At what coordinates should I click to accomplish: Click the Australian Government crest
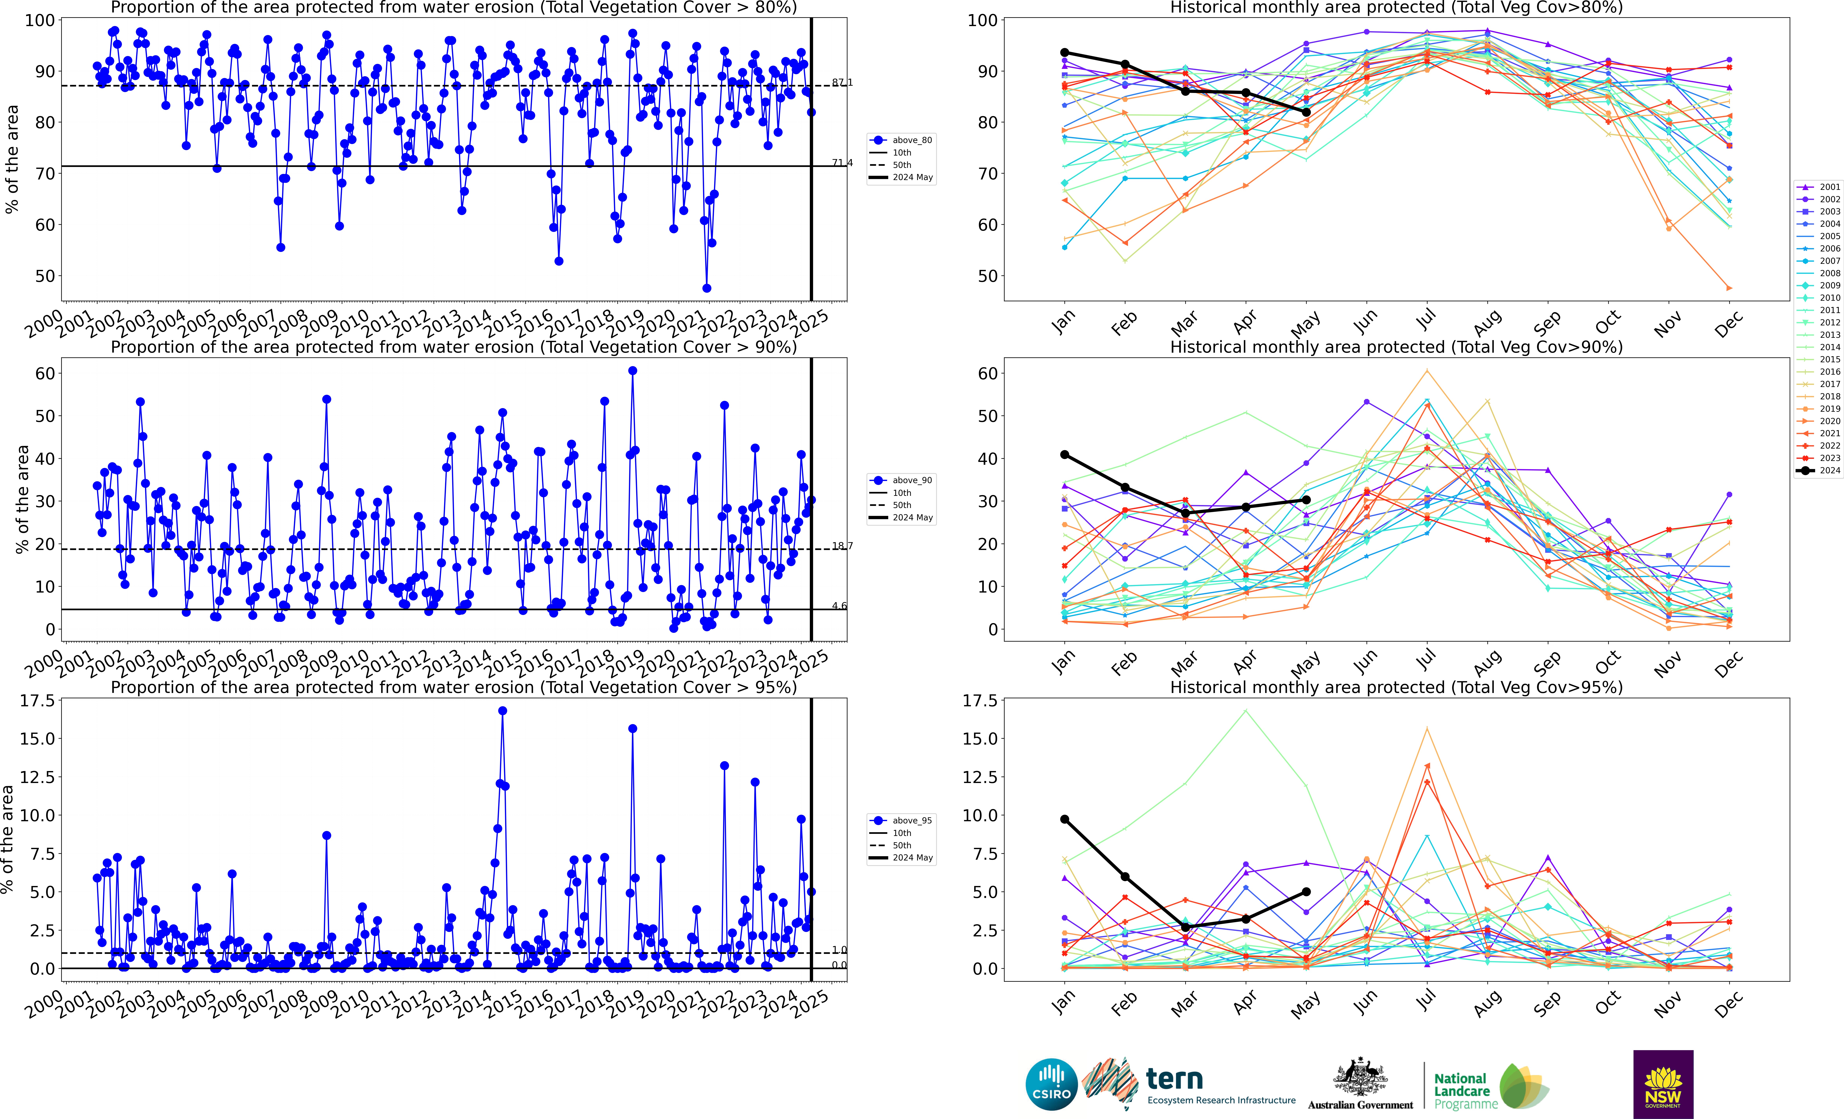(x=1361, y=1078)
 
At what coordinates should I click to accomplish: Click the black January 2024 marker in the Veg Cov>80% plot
(x=1064, y=52)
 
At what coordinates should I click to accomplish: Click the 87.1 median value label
(x=842, y=82)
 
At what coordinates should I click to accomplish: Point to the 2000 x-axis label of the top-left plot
(x=43, y=323)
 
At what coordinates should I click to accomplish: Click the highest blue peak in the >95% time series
(x=502, y=711)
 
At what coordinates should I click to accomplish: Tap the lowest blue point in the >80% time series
(x=706, y=288)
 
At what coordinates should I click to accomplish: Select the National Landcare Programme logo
(x=1489, y=1085)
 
